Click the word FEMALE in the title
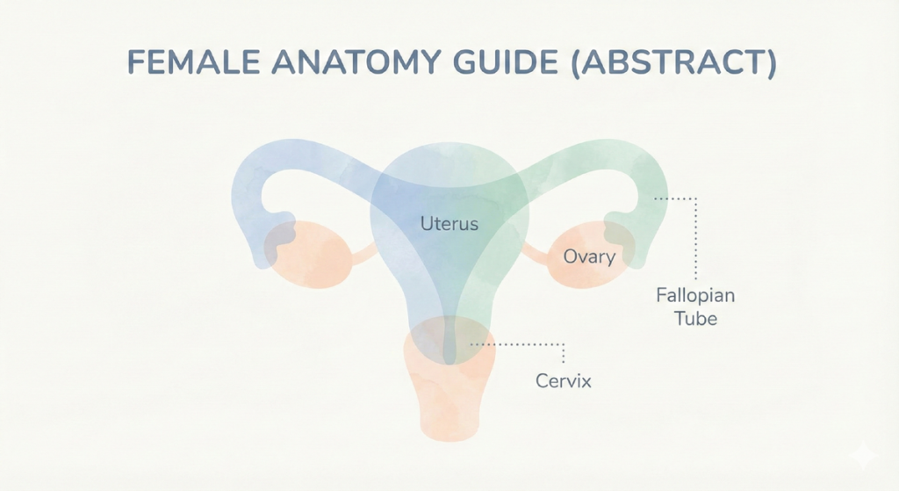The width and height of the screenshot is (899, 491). click(193, 61)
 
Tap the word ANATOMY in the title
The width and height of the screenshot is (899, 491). click(356, 61)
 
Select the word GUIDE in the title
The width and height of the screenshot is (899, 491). click(506, 61)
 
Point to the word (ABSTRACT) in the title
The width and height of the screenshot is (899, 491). click(673, 62)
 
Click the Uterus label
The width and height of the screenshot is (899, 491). click(449, 224)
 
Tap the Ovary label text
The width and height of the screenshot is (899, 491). click(589, 256)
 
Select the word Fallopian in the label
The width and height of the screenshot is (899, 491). click(695, 296)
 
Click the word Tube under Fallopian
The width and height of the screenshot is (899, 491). click(695, 318)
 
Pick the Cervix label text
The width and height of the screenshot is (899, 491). click(563, 381)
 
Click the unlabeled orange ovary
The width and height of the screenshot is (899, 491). click(308, 255)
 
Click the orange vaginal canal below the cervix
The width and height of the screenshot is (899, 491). click(449, 401)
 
